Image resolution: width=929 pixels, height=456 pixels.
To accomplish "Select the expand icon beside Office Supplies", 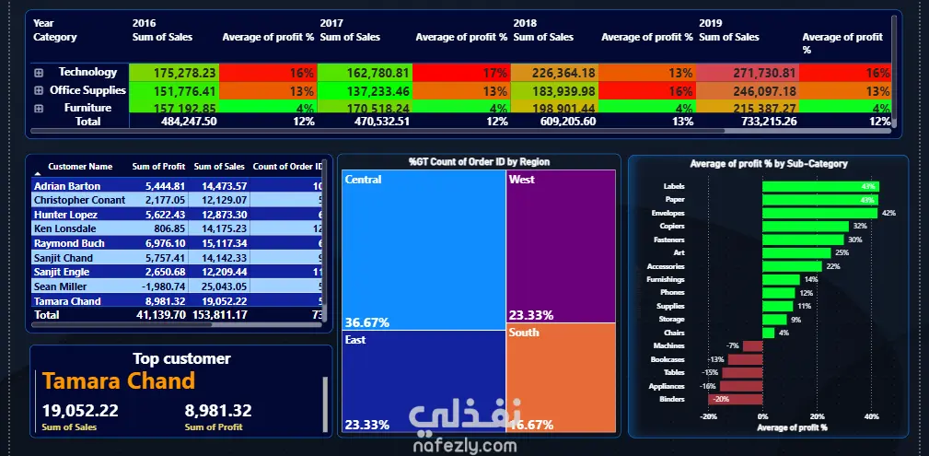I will (39, 90).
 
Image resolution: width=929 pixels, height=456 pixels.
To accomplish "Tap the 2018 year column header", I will (525, 22).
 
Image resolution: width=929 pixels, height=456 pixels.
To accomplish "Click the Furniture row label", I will (87, 108).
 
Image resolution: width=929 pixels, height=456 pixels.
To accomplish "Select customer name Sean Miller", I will (62, 286).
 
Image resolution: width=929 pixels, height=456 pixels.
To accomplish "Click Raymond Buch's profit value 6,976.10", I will (160, 243).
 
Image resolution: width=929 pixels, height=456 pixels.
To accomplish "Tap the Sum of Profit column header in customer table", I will (158, 167).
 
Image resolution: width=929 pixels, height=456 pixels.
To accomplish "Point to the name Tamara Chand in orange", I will (119, 381).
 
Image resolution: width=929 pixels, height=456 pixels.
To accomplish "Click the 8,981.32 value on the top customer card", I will (218, 411).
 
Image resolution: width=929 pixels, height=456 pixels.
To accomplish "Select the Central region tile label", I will (363, 180).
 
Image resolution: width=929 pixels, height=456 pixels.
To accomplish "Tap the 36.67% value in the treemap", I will (366, 322).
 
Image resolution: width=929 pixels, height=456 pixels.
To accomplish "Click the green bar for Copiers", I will (805, 226).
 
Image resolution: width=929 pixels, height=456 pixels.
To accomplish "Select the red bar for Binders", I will (735, 399).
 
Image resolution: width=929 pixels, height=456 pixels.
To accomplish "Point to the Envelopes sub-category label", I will (668, 213).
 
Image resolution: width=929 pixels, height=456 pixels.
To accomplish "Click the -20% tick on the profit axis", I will (708, 416).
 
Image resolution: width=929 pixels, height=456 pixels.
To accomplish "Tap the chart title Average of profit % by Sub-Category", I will (768, 164).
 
